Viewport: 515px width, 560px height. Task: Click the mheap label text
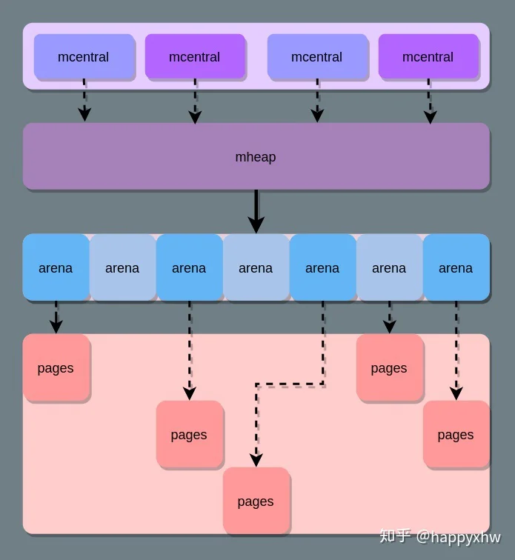coord(256,157)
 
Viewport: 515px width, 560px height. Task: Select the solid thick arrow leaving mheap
coord(256,211)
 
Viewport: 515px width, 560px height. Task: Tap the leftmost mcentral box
coord(84,56)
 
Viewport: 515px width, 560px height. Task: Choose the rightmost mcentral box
coord(428,56)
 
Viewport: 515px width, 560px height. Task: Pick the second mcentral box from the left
coord(195,56)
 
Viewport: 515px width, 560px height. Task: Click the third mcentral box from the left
coord(317,56)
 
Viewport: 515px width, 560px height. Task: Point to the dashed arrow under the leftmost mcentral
coord(84,100)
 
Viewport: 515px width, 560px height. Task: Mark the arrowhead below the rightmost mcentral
coord(431,117)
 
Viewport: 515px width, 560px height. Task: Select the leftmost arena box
coord(56,267)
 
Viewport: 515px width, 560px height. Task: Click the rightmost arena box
coord(456,267)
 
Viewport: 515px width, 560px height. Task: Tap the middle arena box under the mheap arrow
coord(256,267)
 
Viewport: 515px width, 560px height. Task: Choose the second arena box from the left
coord(122,267)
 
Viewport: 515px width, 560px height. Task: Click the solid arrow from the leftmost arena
coord(56,317)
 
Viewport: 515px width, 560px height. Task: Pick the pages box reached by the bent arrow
coord(256,501)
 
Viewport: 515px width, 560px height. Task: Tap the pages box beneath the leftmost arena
coord(56,367)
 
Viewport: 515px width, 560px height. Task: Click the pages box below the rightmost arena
coord(456,434)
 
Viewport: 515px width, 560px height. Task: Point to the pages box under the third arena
coord(190,434)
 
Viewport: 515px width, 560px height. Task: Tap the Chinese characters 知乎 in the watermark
coord(395,536)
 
